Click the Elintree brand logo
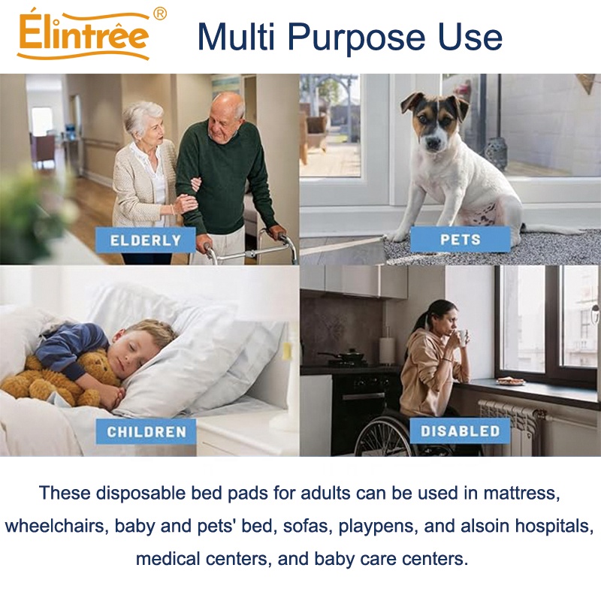click(x=83, y=35)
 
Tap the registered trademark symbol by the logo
click(x=159, y=14)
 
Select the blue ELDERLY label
click(x=146, y=241)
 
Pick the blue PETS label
click(x=461, y=240)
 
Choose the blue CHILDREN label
click(x=146, y=432)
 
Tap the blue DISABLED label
click(x=460, y=431)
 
